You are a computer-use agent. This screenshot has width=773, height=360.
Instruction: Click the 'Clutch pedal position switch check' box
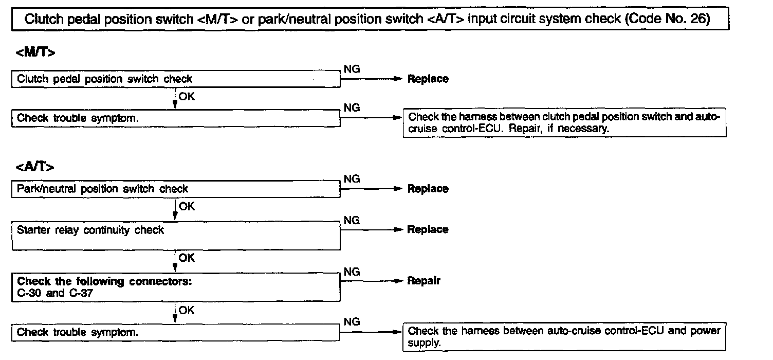point(175,79)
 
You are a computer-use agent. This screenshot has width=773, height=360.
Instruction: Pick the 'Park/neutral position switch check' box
point(175,189)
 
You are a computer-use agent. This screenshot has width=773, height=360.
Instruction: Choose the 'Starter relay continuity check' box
point(175,236)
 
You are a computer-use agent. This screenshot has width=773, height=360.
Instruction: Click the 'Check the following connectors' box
point(175,287)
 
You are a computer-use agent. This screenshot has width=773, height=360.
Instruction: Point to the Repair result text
point(424,281)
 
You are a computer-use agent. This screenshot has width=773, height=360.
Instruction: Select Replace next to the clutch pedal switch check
point(428,79)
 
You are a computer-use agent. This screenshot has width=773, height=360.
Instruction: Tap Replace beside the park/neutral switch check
point(428,189)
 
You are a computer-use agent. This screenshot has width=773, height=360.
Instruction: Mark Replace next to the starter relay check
point(428,229)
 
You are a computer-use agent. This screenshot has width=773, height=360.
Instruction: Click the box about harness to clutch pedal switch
point(564,123)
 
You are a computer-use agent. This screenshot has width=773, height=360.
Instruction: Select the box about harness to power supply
point(564,336)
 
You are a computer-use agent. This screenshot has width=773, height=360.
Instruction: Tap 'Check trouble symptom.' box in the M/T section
point(175,118)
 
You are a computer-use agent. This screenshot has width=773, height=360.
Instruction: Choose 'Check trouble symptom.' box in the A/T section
point(175,332)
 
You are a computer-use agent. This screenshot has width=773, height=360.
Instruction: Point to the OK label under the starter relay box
point(187,258)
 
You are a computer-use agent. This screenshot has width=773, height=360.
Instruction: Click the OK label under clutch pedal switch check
point(187,96)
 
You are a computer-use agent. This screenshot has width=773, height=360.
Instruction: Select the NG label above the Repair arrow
point(352,272)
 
